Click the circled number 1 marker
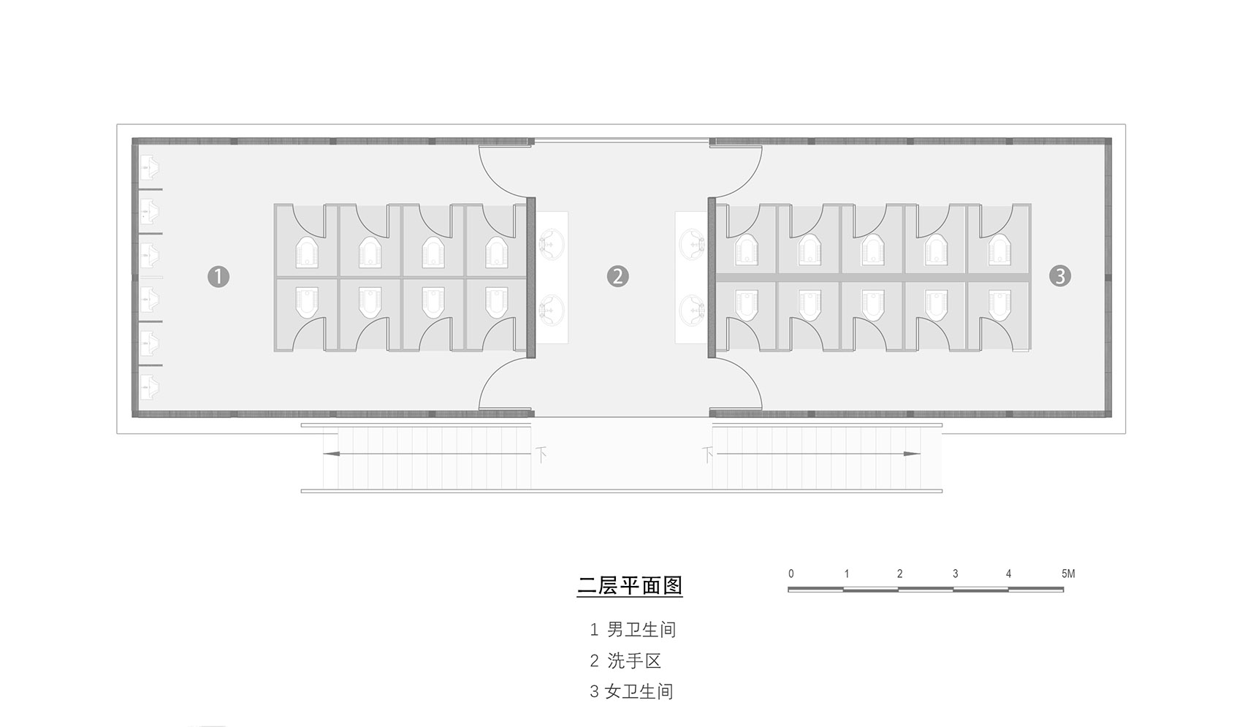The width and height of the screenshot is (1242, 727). (218, 276)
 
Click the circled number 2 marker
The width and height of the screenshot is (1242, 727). (617, 276)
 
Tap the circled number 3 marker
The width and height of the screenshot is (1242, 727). (1060, 276)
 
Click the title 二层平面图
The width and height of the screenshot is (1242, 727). (630, 585)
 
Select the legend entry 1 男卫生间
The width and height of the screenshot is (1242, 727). (633, 629)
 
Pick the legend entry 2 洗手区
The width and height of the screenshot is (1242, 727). (625, 661)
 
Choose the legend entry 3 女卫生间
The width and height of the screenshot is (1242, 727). (631, 691)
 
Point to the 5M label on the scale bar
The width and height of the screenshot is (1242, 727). (1068, 574)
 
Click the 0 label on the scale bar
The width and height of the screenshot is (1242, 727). (791, 574)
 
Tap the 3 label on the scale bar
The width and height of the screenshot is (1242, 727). (956, 574)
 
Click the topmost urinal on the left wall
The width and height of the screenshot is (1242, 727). (148, 167)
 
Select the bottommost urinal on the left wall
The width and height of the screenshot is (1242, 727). (148, 388)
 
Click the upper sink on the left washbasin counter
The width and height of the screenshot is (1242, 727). (551, 245)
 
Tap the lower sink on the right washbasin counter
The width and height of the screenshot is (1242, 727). (691, 310)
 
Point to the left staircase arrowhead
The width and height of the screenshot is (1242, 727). (331, 454)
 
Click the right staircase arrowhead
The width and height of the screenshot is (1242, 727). (912, 454)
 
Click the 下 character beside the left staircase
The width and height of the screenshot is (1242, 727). (541, 455)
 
